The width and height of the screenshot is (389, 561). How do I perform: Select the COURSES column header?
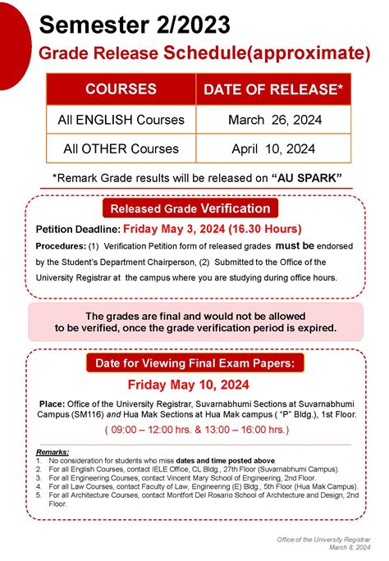121,89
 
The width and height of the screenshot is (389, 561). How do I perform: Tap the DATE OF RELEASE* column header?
272,89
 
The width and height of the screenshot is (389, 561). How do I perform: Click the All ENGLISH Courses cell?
121,121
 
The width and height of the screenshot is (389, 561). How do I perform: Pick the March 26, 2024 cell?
272,121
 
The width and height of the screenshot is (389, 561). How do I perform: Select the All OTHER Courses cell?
121,149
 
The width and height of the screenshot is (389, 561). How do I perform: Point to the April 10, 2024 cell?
272,149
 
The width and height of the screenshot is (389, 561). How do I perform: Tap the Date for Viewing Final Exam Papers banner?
194,363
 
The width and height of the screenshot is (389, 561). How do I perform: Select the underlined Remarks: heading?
53,452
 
